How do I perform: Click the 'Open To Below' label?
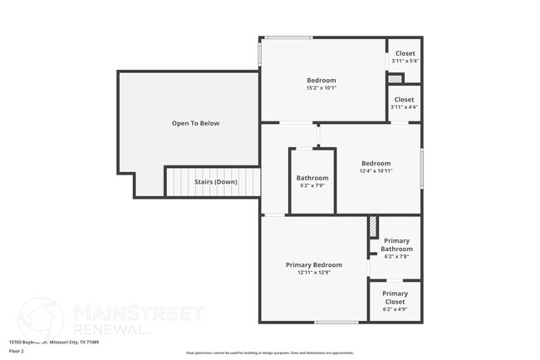(195, 123)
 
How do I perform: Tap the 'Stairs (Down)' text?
(215, 182)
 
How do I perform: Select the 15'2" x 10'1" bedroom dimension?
(321, 88)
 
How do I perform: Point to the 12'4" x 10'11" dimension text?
(376, 171)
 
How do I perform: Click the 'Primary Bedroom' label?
(314, 264)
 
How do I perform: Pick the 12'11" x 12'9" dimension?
(314, 273)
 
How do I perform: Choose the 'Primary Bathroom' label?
(396, 245)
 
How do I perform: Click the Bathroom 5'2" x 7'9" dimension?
(312, 185)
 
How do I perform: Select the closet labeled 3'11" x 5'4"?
(405, 61)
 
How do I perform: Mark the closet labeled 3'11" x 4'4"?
(405, 106)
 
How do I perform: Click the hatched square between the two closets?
(395, 79)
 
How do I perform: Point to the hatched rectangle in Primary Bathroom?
(373, 226)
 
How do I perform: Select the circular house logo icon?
(41, 319)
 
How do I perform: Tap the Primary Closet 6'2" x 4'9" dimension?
(395, 309)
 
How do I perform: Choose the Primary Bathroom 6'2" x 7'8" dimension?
(396, 257)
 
